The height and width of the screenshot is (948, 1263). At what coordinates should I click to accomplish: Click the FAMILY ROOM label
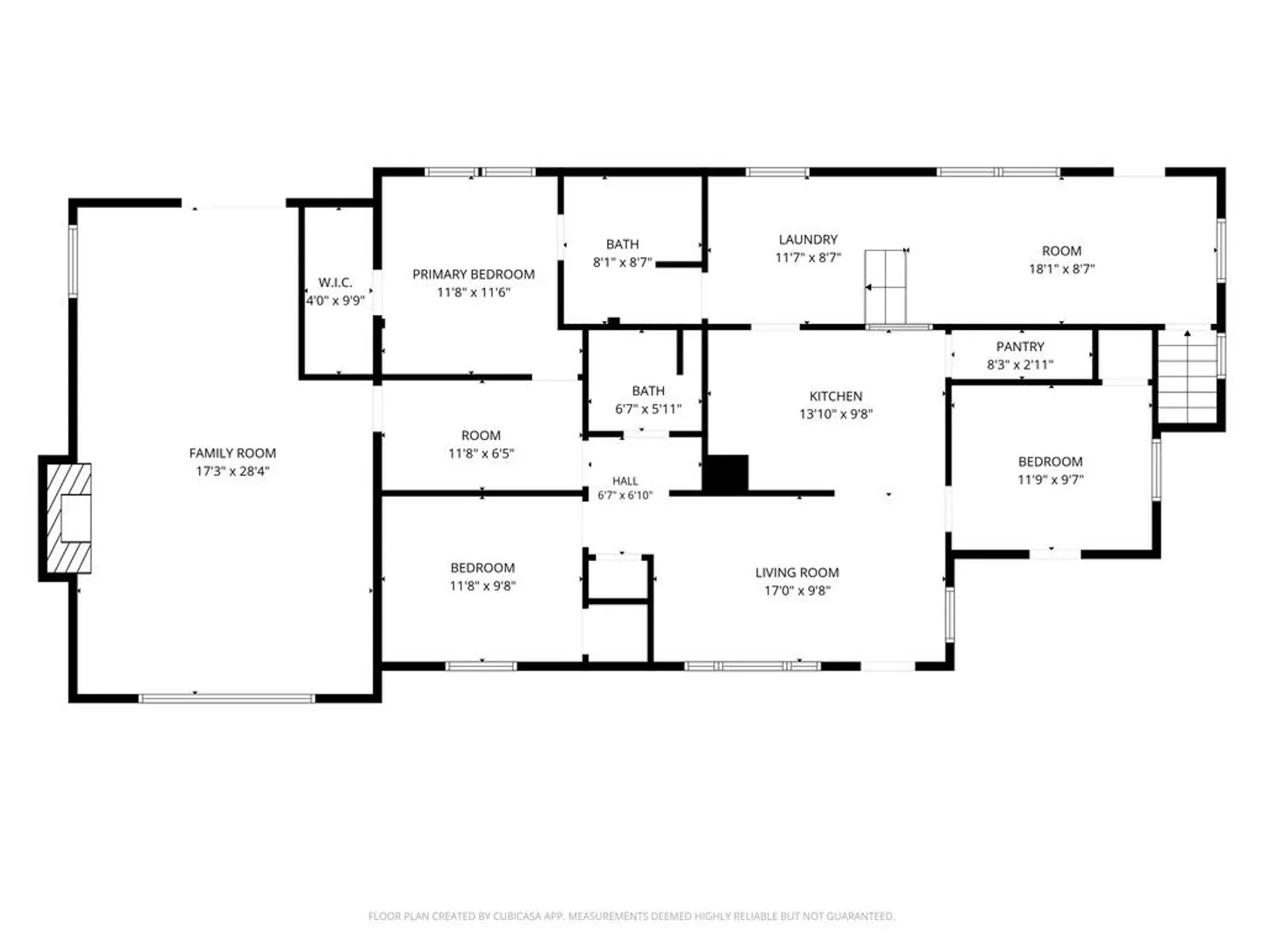click(232, 453)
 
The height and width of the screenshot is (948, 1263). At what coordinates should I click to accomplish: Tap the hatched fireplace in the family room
click(68, 518)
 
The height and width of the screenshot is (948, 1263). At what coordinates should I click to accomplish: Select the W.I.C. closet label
click(335, 283)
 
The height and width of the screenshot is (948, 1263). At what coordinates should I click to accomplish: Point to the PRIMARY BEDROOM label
click(474, 274)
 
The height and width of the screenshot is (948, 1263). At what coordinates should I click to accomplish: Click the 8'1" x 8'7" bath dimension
click(623, 262)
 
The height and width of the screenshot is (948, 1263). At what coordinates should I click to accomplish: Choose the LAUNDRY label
click(808, 240)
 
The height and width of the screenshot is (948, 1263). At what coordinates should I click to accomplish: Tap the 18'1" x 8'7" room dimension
click(1061, 269)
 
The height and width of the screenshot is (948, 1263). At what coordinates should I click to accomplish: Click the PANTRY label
click(1020, 347)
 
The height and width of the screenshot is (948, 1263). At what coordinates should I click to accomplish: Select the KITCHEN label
click(836, 396)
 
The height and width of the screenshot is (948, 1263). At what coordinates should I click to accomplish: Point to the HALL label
click(624, 481)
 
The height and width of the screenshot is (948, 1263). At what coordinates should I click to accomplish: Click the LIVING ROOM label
click(797, 572)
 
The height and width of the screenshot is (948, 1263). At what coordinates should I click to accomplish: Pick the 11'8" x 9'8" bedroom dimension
click(482, 586)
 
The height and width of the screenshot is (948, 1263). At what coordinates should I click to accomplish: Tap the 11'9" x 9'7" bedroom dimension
click(1051, 479)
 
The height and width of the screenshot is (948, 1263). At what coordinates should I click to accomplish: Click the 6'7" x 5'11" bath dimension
click(648, 409)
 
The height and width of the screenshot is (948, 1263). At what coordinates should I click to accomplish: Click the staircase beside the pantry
click(1188, 377)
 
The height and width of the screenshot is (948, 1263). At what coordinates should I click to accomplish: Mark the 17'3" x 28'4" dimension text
click(232, 471)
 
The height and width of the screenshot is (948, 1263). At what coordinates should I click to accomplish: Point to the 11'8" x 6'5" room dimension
click(481, 454)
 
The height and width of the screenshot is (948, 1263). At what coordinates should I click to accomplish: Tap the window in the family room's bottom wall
click(226, 699)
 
